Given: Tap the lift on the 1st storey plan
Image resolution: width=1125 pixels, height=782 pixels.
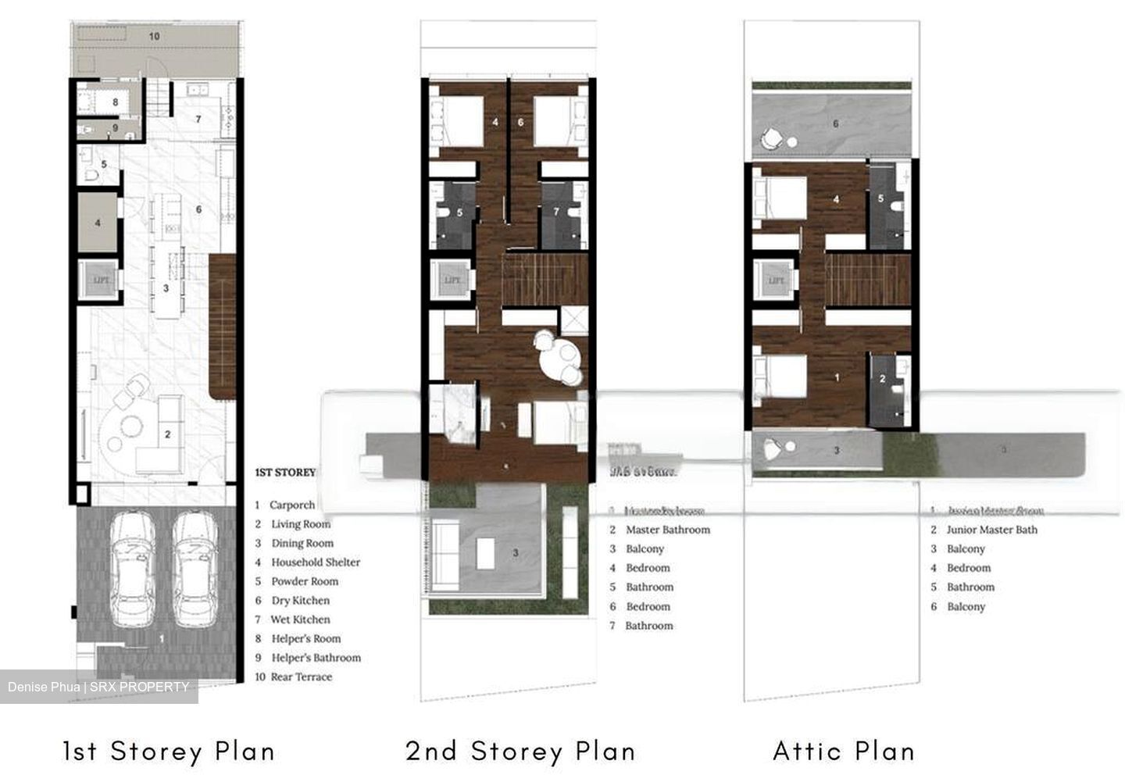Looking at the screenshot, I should (100, 280).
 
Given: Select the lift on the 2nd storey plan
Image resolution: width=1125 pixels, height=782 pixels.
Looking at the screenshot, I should (452, 280).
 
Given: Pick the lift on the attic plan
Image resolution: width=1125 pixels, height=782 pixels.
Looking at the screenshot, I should (776, 280).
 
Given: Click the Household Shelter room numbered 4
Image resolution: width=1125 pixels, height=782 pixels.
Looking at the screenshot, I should (98, 223).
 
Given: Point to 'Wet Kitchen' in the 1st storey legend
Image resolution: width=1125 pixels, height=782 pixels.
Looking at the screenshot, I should (300, 620).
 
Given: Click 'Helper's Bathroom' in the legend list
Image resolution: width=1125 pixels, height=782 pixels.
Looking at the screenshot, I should (316, 658).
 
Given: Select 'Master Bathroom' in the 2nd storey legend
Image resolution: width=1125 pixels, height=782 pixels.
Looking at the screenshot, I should (667, 530).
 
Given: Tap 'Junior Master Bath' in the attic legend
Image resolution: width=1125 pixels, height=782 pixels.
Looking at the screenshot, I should (991, 530).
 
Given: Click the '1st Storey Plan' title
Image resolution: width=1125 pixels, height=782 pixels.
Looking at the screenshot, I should (169, 751).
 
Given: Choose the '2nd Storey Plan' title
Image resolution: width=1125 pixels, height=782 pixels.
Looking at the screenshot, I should (520, 751).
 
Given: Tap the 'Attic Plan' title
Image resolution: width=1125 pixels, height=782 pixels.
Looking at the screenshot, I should (844, 751).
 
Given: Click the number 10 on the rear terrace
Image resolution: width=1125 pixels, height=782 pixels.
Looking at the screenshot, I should (155, 36).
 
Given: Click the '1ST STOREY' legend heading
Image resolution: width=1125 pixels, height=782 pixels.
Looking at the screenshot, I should (285, 473).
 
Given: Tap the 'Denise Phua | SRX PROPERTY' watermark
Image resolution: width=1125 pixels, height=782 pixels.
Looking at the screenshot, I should (98, 687).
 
